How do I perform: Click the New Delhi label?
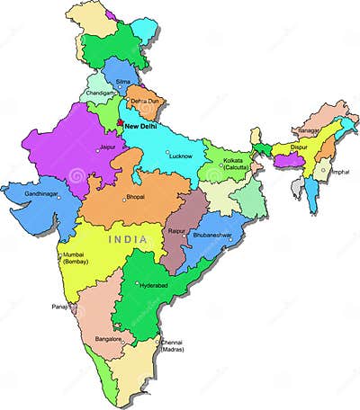point(146,128)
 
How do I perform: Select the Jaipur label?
point(108,147)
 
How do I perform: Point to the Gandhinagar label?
point(42,193)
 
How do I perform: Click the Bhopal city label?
point(136,196)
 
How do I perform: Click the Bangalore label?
point(108,338)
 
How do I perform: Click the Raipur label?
point(177,231)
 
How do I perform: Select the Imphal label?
point(339,171)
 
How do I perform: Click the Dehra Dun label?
point(143,102)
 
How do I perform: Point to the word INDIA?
point(127,240)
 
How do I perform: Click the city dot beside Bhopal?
point(124,200)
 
